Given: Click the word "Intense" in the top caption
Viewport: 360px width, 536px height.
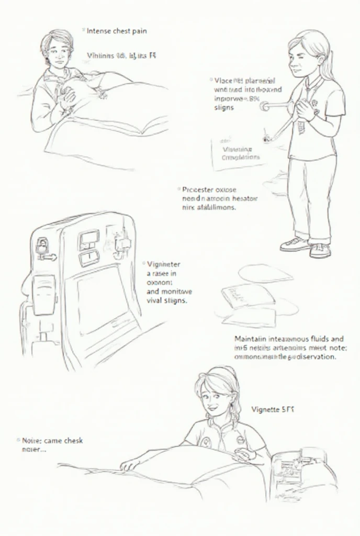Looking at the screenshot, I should coord(99,31).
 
